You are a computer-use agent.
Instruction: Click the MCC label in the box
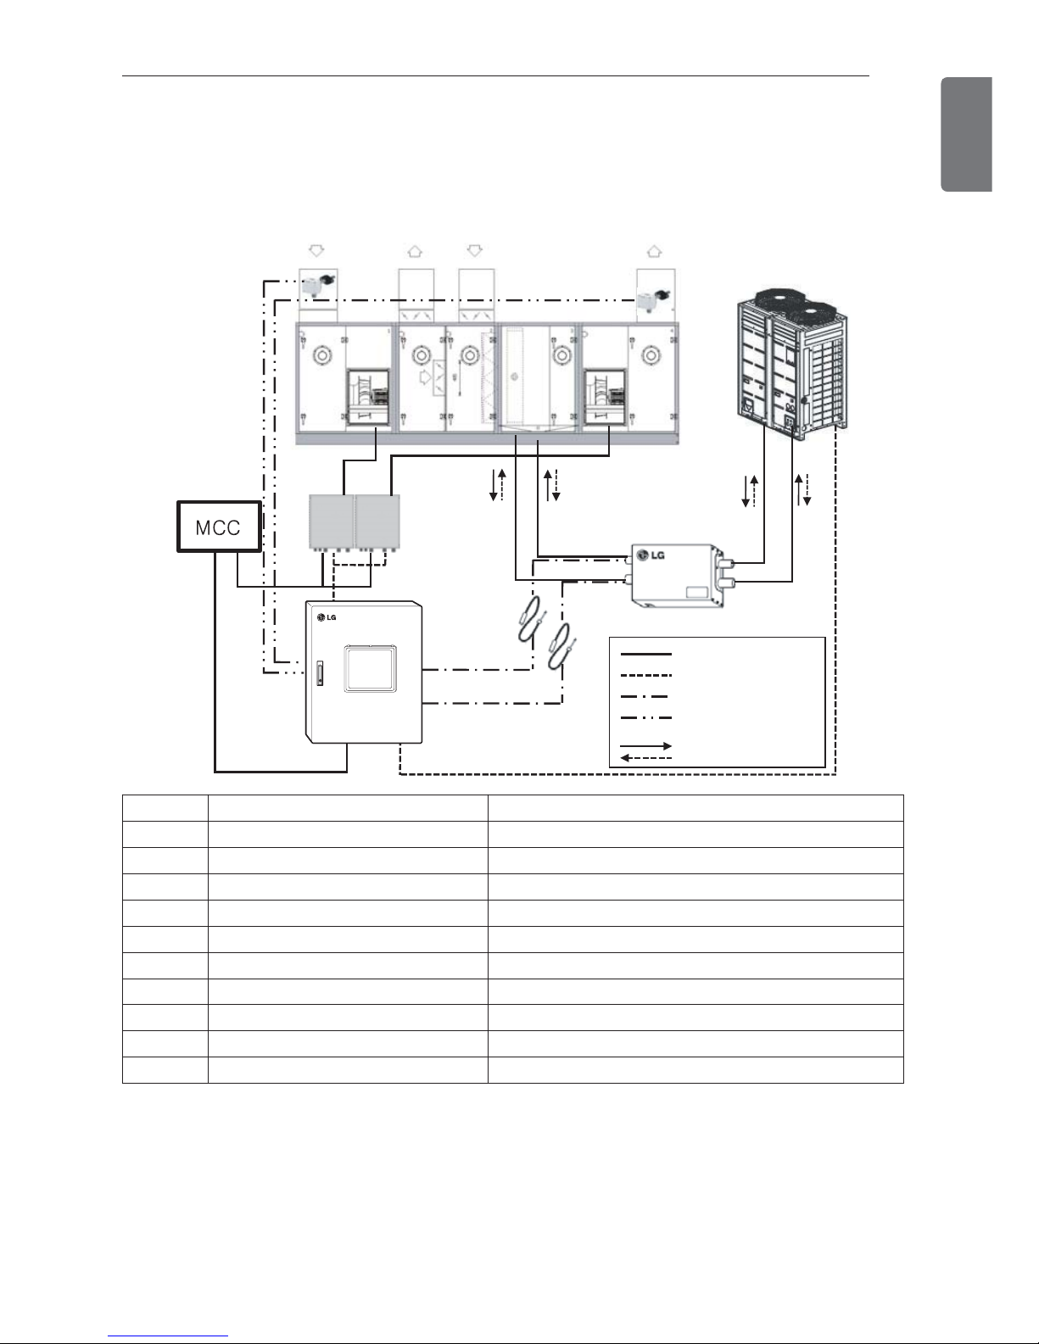point(218,527)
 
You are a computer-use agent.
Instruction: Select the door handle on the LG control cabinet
point(319,673)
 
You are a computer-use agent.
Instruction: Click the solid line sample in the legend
point(645,654)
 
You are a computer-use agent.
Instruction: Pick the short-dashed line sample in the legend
point(645,676)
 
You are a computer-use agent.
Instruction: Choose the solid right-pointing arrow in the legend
point(645,746)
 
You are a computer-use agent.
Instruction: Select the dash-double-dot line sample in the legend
point(645,718)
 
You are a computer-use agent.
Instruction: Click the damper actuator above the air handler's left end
point(316,287)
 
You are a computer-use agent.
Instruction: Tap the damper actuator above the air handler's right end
point(653,298)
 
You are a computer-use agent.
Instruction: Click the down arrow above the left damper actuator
point(316,250)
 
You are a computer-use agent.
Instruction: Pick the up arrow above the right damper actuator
point(653,251)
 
